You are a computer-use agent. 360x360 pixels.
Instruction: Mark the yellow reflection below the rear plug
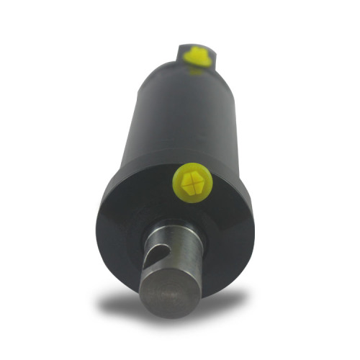click(196, 70)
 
